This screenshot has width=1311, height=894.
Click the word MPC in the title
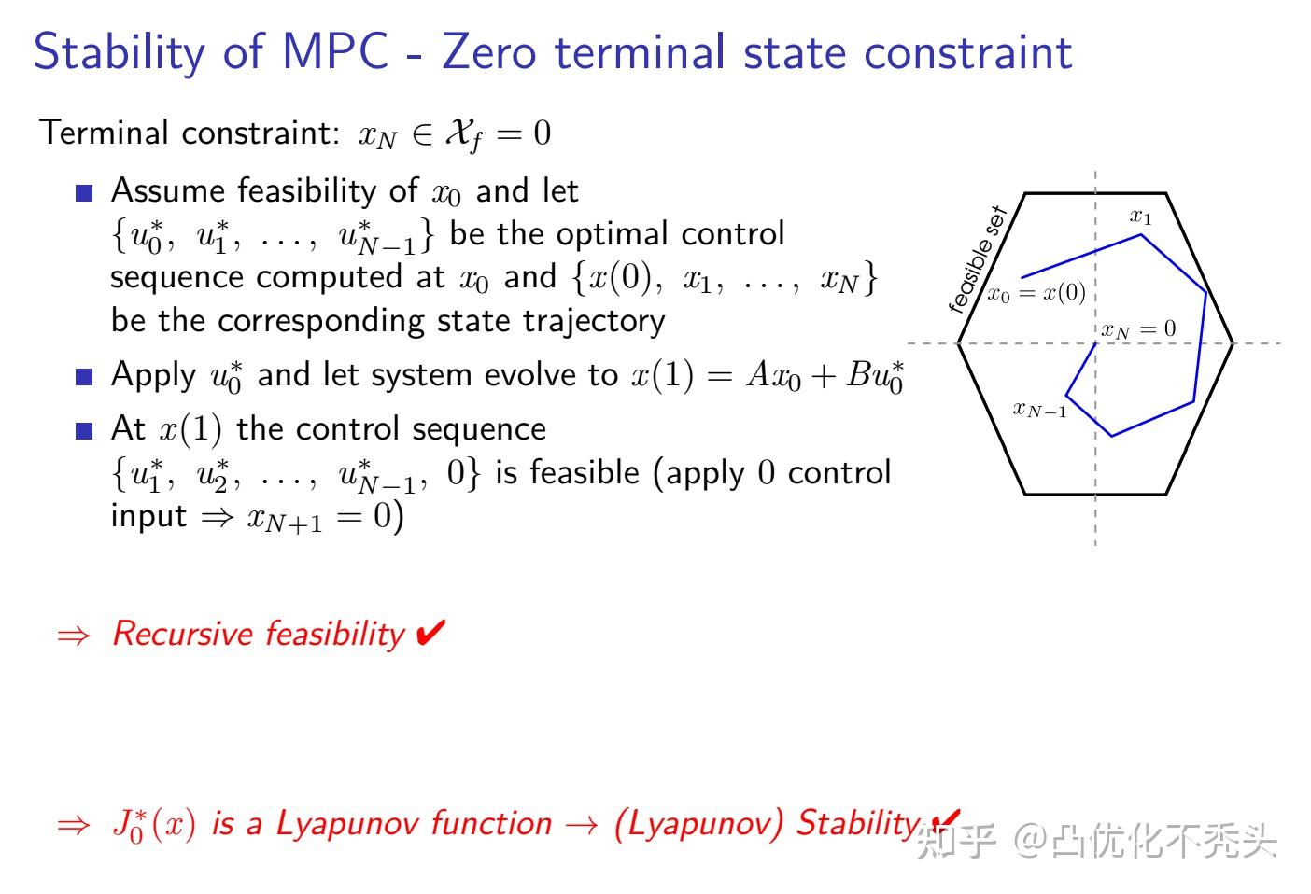(334, 51)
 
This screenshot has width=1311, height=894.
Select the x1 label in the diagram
(1140, 217)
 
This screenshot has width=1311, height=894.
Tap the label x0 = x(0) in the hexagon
(1036, 293)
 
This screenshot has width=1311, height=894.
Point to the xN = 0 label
(1137, 329)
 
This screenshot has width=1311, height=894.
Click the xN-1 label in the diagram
(1039, 409)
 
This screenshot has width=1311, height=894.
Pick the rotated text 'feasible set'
(976, 259)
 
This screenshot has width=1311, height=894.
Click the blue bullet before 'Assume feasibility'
(85, 194)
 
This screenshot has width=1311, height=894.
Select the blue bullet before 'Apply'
(85, 377)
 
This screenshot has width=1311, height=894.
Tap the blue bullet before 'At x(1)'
(85, 431)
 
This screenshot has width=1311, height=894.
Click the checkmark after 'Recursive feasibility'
(430, 634)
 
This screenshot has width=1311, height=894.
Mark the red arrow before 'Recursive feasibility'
(74, 636)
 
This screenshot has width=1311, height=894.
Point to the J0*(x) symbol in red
(153, 825)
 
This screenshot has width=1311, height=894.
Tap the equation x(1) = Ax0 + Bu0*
(767, 375)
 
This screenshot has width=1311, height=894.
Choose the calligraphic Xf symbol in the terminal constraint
(464, 134)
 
